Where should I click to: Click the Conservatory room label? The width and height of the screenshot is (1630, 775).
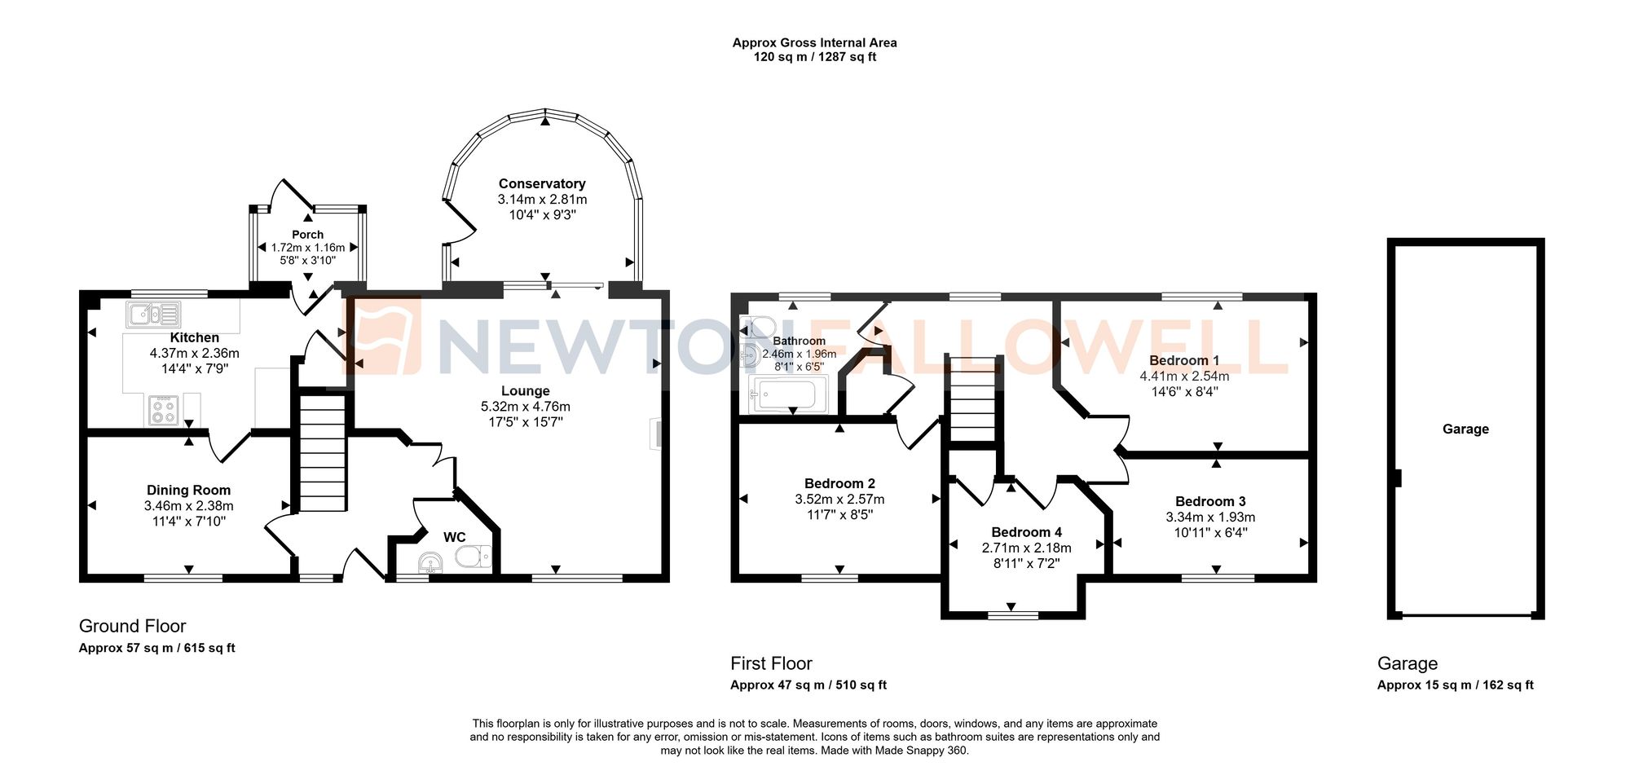click(x=542, y=184)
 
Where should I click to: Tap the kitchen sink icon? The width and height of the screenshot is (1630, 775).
click(x=153, y=314)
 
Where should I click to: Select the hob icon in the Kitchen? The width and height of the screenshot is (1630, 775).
click(x=164, y=410)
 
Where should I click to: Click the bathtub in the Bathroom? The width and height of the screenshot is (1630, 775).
click(x=786, y=396)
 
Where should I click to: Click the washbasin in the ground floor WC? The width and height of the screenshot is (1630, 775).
click(x=430, y=562)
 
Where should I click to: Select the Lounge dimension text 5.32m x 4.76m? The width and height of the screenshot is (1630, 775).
click(x=526, y=407)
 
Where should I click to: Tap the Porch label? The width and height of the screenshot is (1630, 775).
click(x=308, y=235)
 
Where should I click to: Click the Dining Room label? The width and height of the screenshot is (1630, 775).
click(x=188, y=490)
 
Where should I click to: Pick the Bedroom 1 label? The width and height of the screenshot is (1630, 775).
click(x=1184, y=360)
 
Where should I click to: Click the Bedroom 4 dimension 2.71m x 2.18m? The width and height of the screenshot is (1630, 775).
click(x=1026, y=548)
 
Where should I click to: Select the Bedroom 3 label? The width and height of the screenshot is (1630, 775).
click(x=1210, y=501)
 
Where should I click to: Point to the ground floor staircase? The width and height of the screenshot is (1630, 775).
click(x=323, y=452)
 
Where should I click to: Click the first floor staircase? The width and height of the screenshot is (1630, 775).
click(x=972, y=399)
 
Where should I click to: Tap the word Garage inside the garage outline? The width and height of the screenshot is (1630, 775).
click(x=1465, y=429)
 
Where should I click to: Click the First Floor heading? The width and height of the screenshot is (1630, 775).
click(x=771, y=663)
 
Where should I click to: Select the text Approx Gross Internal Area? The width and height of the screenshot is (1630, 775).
click(x=814, y=42)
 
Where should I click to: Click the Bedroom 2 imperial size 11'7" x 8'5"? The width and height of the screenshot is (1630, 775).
click(x=839, y=515)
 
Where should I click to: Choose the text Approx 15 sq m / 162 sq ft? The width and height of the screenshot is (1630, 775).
click(x=1455, y=685)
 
